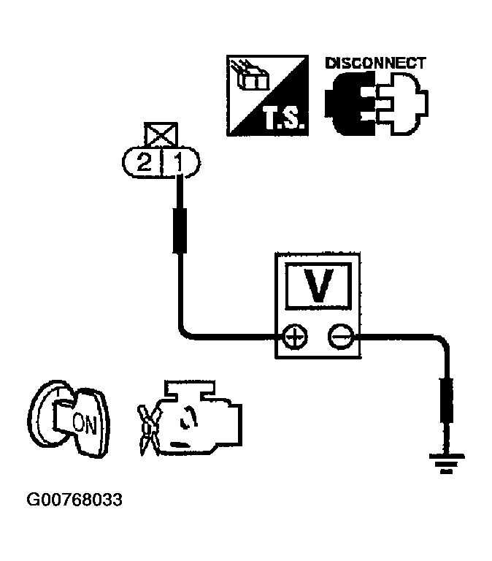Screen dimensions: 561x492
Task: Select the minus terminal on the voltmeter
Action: [339, 337]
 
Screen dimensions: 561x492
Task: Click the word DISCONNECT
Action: [374, 64]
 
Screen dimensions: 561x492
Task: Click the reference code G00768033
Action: [74, 500]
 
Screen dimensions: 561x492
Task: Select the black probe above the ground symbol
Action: [445, 401]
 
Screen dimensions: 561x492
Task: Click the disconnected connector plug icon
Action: [377, 102]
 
